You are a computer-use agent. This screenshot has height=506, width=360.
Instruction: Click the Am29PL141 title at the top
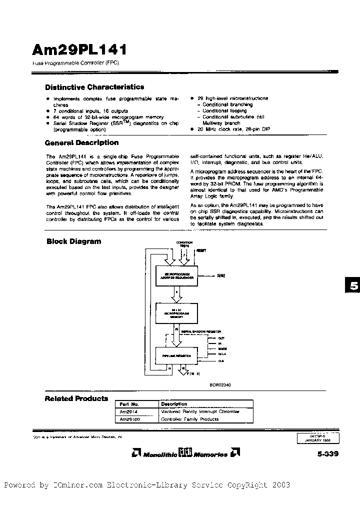pyautogui.click(x=79, y=49)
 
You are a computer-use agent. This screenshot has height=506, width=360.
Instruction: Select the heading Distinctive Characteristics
pyautogui.click(x=94, y=87)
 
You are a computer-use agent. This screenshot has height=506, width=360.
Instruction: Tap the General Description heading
pyautogui.click(x=82, y=142)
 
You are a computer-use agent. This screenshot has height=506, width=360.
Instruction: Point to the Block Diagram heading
pyautogui.click(x=73, y=241)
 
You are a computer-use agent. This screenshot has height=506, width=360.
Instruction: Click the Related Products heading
pyautogui.click(x=76, y=398)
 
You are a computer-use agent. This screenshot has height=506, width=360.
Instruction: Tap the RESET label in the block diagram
pyautogui.click(x=201, y=249)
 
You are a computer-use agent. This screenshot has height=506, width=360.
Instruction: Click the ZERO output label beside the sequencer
pyautogui.click(x=222, y=275)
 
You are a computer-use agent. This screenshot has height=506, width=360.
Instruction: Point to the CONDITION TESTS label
pyautogui.click(x=184, y=244)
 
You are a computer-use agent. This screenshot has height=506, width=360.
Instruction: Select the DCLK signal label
pyautogui.click(x=222, y=353)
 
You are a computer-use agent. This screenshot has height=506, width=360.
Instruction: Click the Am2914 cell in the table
pyautogui.click(x=126, y=411)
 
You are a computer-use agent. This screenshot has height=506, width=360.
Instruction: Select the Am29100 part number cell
pyautogui.click(x=128, y=419)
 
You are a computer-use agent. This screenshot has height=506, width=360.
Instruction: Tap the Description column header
pyautogui.click(x=174, y=403)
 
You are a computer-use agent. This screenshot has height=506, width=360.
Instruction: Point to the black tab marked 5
pyautogui.click(x=353, y=286)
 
